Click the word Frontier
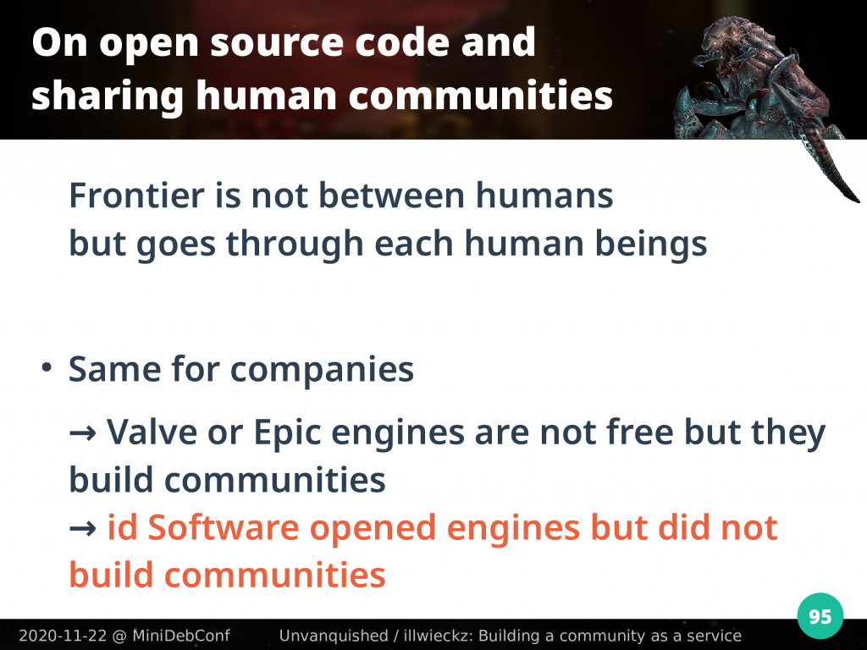click(x=136, y=196)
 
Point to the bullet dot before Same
click(x=47, y=367)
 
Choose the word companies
click(x=322, y=370)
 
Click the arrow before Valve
click(x=83, y=432)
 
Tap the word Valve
click(x=152, y=432)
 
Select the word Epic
click(x=288, y=432)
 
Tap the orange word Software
click(x=224, y=527)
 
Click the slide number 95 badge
click(x=820, y=616)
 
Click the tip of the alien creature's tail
click(x=858, y=201)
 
